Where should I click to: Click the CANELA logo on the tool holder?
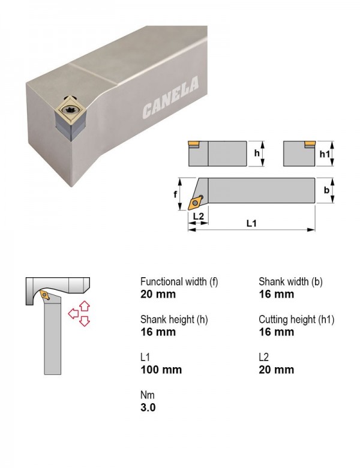coord(170,97)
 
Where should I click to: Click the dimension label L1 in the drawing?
coord(251,223)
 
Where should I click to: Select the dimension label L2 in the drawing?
coord(198,216)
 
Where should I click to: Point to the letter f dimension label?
coord(175,194)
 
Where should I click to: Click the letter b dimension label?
coord(326,190)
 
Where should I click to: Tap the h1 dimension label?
coord(325,154)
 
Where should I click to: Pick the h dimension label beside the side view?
coord(257,153)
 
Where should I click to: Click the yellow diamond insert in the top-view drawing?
coord(195,203)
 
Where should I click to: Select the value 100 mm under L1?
coord(161,370)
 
